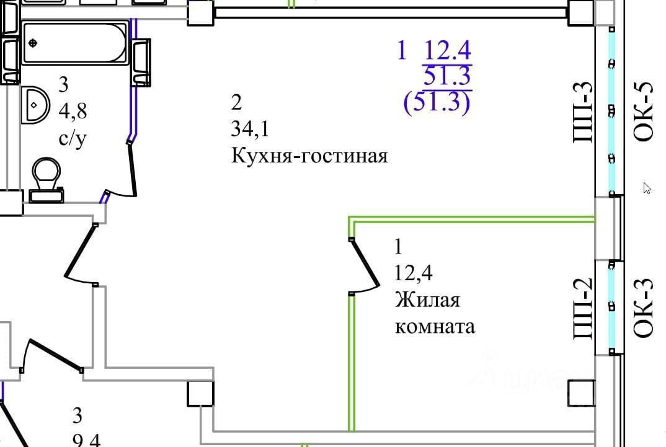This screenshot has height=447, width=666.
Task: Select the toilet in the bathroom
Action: pos(45,177)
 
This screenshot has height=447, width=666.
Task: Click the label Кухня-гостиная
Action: pos(309,155)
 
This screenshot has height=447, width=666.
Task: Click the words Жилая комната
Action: pos(434,313)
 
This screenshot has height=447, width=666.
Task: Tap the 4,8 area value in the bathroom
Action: pos(72,112)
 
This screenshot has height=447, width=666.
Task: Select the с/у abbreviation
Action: pos(72,139)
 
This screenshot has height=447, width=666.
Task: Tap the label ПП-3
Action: pos(584,113)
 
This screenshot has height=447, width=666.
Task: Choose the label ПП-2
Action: pos(584,308)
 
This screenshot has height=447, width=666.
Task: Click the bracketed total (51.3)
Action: pos(437,102)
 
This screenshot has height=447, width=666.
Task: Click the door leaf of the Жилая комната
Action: pos(366,263)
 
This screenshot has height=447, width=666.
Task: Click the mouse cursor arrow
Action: pos(647,188)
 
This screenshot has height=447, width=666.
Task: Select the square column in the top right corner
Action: pos(581,12)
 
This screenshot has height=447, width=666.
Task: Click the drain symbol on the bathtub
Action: pos(33,43)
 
